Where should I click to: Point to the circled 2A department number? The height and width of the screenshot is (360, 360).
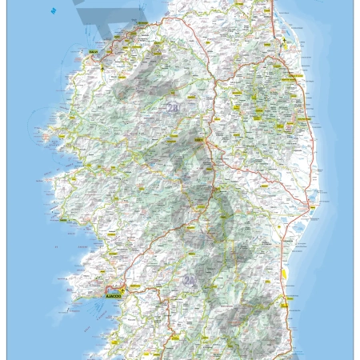190,279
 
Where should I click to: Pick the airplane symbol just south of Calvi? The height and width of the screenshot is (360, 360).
103,66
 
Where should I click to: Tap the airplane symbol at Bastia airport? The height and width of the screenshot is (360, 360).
286,38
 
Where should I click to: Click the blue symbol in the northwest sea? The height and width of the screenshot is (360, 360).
53,11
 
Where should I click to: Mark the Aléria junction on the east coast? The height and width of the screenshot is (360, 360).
308,206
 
